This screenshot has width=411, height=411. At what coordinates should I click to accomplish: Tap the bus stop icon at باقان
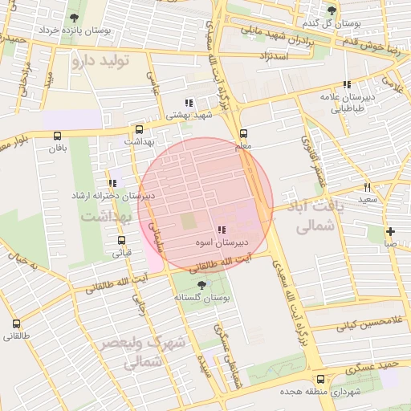pyautogui.click(x=56, y=136)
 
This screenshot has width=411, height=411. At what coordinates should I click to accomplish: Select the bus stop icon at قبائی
pyautogui.click(x=121, y=240)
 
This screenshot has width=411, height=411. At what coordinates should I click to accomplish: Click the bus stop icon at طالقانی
pyautogui.click(x=17, y=324)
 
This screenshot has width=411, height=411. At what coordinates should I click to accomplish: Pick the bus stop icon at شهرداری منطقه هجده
pyautogui.click(x=320, y=379)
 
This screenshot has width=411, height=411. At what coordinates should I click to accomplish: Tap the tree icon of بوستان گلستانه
pyautogui.click(x=201, y=285)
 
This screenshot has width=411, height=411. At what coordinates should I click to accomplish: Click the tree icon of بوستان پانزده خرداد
pyautogui.click(x=75, y=18)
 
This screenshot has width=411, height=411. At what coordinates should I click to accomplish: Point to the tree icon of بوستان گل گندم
pyautogui.click(x=332, y=10)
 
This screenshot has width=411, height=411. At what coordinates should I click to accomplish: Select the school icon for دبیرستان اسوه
pyautogui.click(x=221, y=230)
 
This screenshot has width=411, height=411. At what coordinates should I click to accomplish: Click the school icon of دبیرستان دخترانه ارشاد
pyautogui.click(x=112, y=183)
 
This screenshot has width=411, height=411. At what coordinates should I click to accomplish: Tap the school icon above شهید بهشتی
pyautogui.click(x=188, y=103)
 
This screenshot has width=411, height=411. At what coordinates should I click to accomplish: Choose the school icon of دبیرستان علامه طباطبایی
pyautogui.click(x=347, y=84)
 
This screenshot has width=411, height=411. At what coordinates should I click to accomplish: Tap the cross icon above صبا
pyautogui.click(x=390, y=231)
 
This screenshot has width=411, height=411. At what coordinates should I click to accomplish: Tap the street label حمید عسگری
pyautogui.click(x=377, y=368)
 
